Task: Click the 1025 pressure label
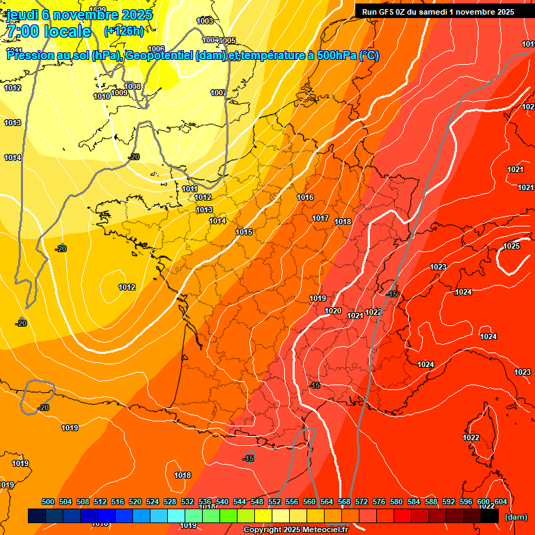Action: click(511, 246)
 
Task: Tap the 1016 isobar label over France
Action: click(305, 198)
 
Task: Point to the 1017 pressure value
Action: click(320, 219)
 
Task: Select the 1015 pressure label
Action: click(244, 232)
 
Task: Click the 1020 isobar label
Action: click(333, 311)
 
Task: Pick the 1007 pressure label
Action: click(218, 93)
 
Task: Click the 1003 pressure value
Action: click(205, 22)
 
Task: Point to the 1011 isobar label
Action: click(189, 189)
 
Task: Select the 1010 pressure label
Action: click(101, 97)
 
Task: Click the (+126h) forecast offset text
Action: click(123, 31)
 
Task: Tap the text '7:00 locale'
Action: click(48, 31)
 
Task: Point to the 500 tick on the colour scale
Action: click(48, 502)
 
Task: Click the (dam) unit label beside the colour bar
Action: click(515, 517)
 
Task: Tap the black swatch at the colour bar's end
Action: click(490, 516)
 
